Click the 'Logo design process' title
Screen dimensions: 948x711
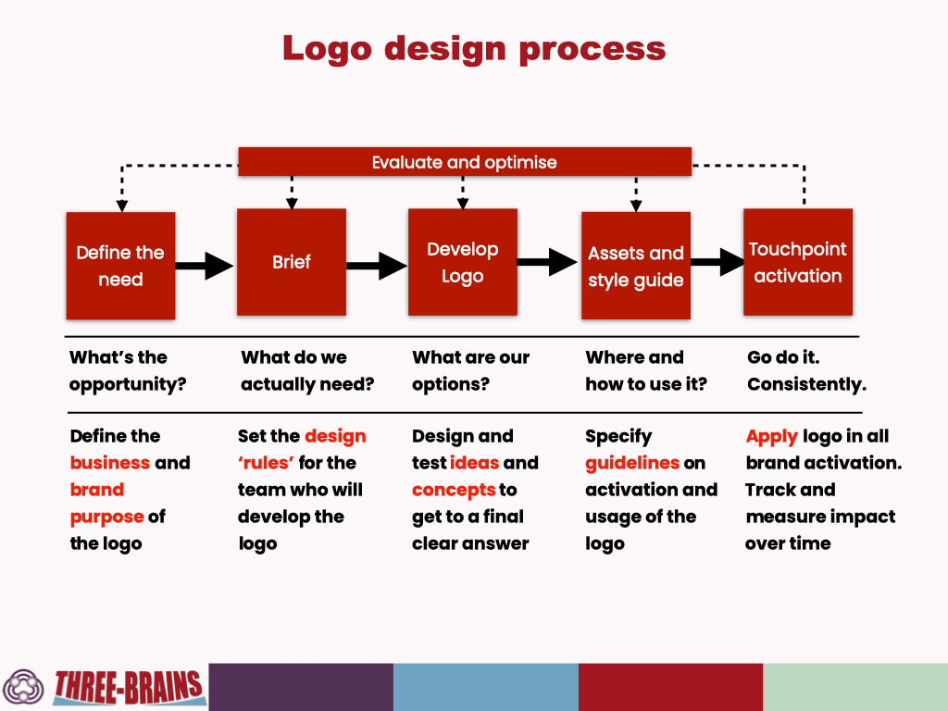point(474,48)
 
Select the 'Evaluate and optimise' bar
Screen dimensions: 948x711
point(465,162)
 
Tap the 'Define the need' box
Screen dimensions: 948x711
point(121,266)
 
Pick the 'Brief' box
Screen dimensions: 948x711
point(292,262)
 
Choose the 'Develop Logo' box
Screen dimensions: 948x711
point(463,262)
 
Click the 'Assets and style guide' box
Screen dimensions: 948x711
point(636,266)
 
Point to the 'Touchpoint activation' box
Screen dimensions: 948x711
point(798,262)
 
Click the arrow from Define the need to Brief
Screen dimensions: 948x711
point(205,266)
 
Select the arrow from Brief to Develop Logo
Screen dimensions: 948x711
point(377,266)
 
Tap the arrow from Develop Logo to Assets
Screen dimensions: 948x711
point(547,262)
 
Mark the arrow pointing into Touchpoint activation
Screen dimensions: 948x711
point(717,262)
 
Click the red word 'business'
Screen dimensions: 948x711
point(110,463)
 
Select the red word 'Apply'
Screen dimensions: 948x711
point(772,437)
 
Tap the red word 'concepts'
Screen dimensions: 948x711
point(454,491)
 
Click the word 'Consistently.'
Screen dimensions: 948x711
point(807,384)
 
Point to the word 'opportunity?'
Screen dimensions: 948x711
point(128,384)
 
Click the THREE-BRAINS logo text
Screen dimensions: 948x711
point(128,688)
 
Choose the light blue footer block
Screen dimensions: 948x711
point(486,688)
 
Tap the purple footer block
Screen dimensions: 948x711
point(301,688)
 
